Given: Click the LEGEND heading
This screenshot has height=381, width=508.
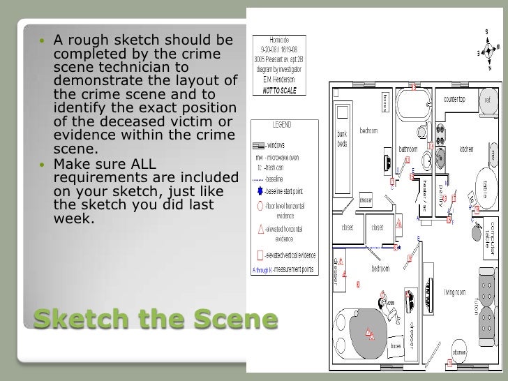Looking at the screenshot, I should [282, 125].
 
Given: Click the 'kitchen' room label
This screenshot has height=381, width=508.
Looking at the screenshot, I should [465, 149].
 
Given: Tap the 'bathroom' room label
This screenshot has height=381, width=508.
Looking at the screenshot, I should [408, 149].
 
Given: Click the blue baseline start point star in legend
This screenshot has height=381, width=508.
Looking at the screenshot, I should [260, 190].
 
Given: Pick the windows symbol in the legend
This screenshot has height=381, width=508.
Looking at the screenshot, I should [257, 146].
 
